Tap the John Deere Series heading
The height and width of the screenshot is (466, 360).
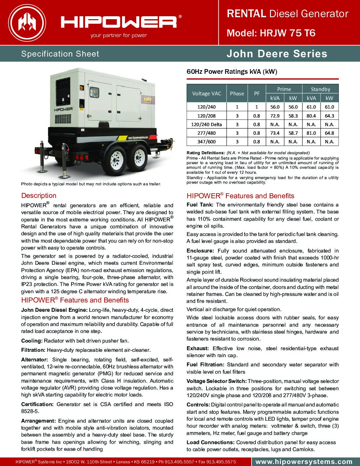pos(277,54)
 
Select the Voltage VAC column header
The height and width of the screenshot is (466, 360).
pos(206,93)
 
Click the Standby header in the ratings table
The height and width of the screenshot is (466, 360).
pos(320,89)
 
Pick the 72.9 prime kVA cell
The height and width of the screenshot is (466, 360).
pos(275,116)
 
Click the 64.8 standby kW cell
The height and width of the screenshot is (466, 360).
pos(329,133)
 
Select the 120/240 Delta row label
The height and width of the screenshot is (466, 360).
pos(206,124)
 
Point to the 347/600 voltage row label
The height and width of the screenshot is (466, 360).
pos(206,142)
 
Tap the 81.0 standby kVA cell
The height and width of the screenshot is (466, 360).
pos(311,133)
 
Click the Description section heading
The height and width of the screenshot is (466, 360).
pos(39,196)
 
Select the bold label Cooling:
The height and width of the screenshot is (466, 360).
pos(32,341)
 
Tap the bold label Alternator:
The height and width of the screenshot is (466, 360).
pos(34,359)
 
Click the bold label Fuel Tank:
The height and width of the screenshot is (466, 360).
pos(200,205)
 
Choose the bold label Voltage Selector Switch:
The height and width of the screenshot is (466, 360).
pos(216,381)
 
